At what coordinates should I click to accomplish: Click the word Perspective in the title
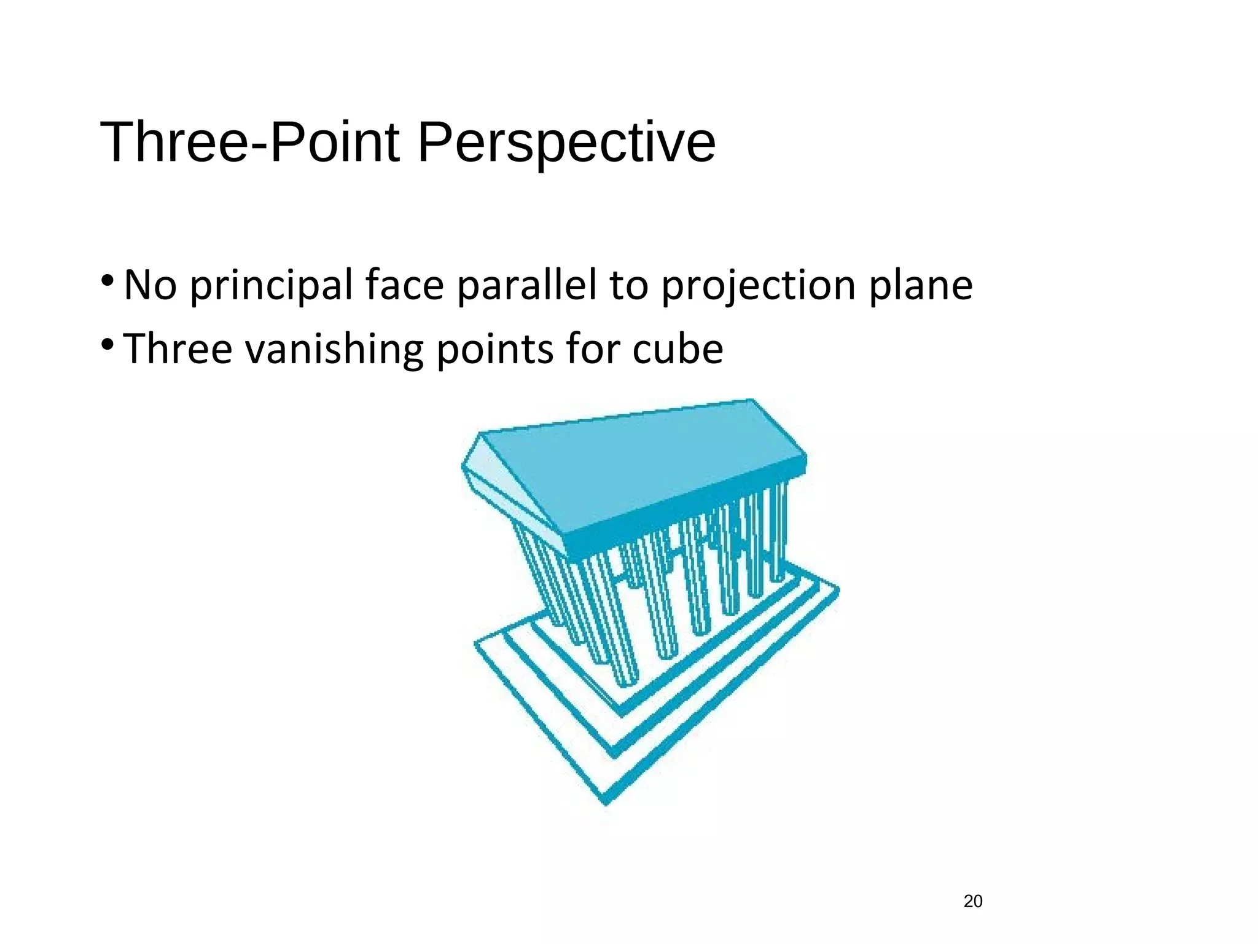(x=566, y=143)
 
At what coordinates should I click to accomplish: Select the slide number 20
(x=973, y=901)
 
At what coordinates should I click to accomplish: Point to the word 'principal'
(x=271, y=286)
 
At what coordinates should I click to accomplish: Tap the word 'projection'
(x=757, y=286)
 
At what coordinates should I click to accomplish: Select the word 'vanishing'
(x=334, y=349)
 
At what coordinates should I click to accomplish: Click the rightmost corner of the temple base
(x=838, y=591)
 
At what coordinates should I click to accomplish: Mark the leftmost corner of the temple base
(x=476, y=643)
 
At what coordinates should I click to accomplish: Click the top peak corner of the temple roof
(x=752, y=401)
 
